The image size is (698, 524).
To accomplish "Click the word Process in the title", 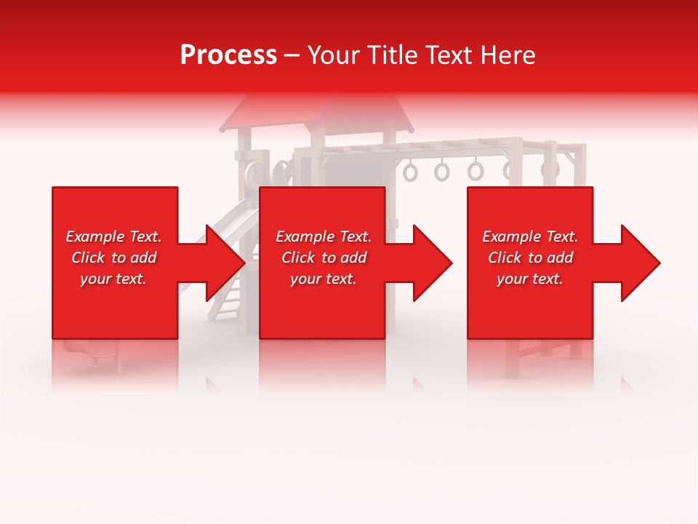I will pos(228,55).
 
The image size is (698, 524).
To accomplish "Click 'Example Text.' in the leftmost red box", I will pos(113,237).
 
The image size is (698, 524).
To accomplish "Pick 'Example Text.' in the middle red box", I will pos(324,237).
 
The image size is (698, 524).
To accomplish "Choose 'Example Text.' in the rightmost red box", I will pos(530,237).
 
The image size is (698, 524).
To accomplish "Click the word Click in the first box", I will pos(89,258).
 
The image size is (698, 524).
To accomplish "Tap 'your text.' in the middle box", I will pos(324,279).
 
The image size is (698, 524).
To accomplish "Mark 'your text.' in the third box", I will pos(530,279).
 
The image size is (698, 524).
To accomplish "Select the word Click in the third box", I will pos(505,258).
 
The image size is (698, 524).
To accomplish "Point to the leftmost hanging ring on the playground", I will pos(411,172).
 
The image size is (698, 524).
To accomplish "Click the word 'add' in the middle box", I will pos(353,258).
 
